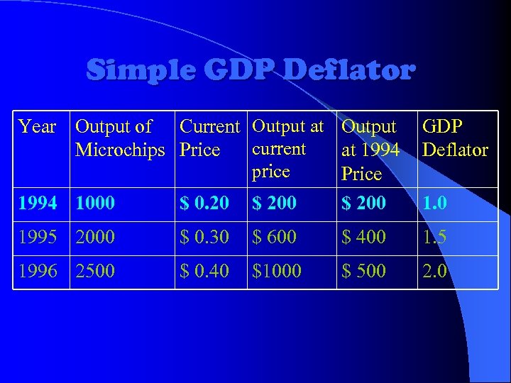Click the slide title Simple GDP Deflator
pyautogui.click(x=250, y=71)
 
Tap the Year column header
pyautogui.click(x=38, y=127)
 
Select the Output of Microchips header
pyautogui.click(x=120, y=138)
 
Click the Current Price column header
pyautogui.click(x=210, y=138)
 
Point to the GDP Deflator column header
pyautogui.click(x=455, y=138)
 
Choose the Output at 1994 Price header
pyautogui.click(x=370, y=150)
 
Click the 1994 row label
pyautogui.click(x=38, y=204)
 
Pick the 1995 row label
pyautogui.click(x=38, y=237)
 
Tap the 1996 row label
pyautogui.click(x=38, y=271)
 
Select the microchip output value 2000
pyautogui.click(x=95, y=237)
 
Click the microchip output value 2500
pyautogui.click(x=95, y=271)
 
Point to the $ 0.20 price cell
pyautogui.click(x=204, y=204)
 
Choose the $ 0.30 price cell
pyautogui.click(x=204, y=237)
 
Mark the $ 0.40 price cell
pyautogui.click(x=204, y=271)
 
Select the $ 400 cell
pyautogui.click(x=364, y=237)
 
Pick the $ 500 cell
pyautogui.click(x=364, y=271)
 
